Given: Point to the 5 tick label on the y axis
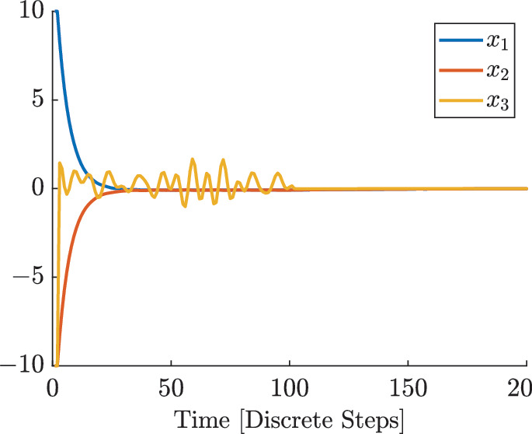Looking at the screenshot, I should coord(35,100).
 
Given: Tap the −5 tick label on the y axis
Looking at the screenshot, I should coord(25,277).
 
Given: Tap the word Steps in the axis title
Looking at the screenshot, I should coord(370,418).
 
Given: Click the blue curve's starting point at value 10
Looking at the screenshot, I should coord(55,12).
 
